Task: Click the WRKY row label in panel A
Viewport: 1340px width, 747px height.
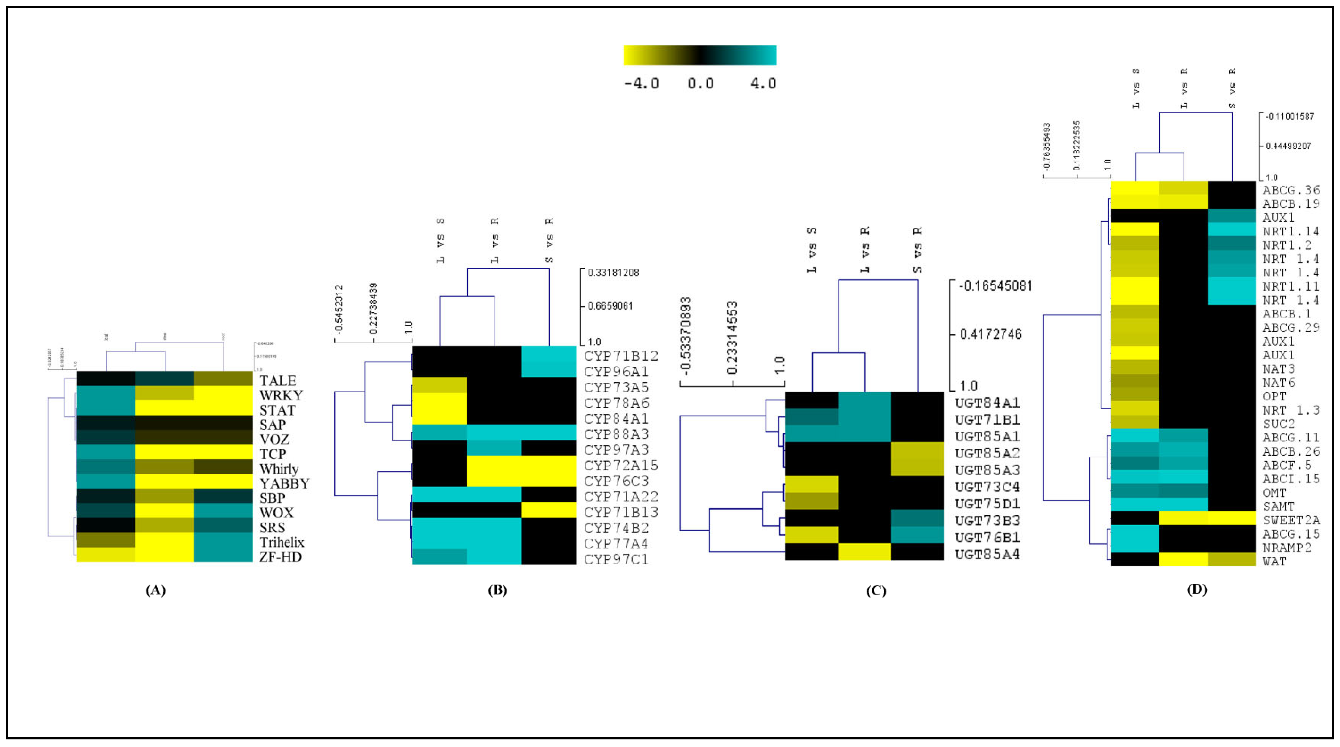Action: tap(281, 396)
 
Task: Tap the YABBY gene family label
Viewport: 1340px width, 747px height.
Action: tap(285, 484)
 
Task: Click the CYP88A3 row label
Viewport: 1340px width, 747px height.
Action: tap(616, 434)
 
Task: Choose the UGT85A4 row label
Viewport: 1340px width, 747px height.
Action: tap(987, 554)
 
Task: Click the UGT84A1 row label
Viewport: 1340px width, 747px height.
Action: tap(987, 403)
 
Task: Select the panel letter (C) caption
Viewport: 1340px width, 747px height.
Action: tap(876, 591)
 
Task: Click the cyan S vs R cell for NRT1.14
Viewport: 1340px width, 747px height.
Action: tap(1231, 229)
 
